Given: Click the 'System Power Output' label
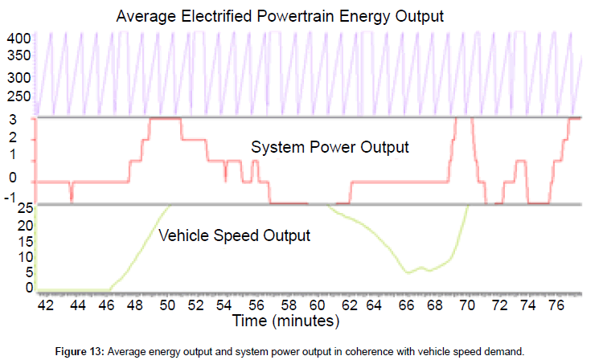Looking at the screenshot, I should coord(330,148).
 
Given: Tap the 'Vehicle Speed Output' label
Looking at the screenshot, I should coord(235,236).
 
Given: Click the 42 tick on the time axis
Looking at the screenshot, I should coord(46,306).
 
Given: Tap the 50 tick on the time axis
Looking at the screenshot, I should coord(167,306).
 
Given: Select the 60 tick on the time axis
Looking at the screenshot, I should coord(318,306).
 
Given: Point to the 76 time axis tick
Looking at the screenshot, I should coord(553,306).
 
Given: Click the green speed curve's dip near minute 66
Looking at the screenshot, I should coord(409,272).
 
